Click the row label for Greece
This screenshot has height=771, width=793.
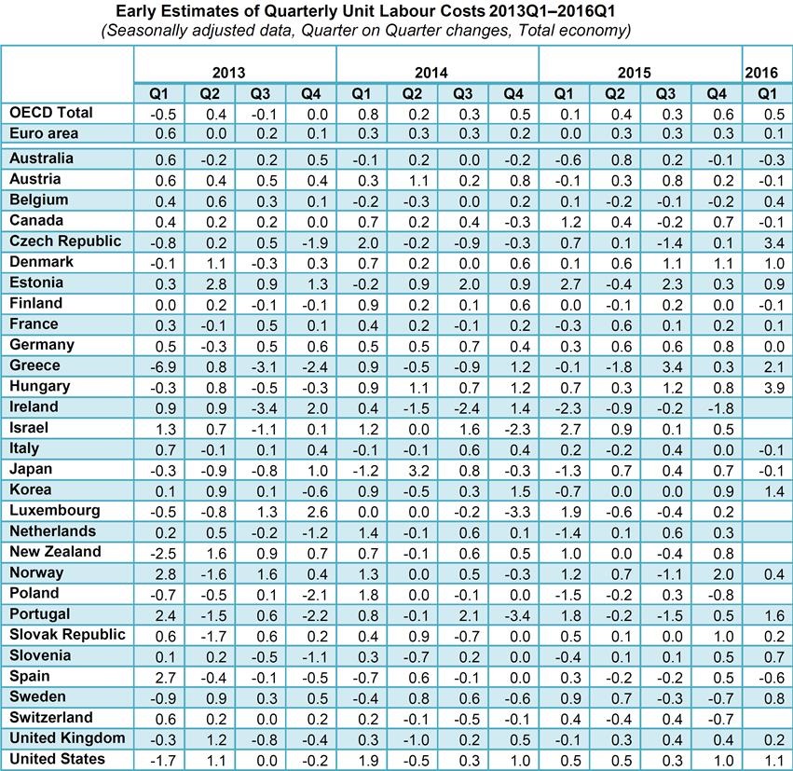(x=34, y=365)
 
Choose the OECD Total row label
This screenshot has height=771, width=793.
(x=51, y=112)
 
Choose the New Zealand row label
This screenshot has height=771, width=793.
(x=54, y=552)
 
